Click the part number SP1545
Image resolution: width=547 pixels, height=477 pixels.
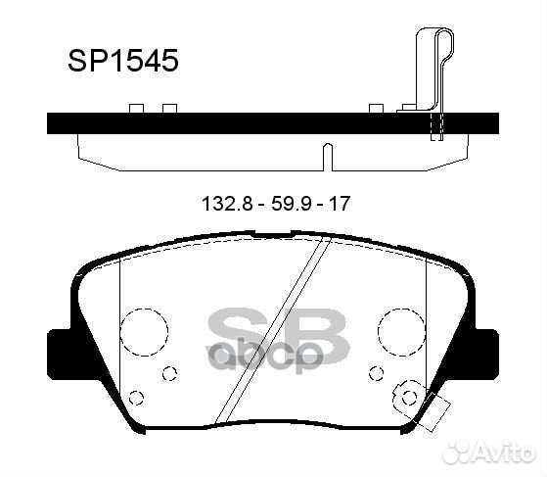(x=123, y=61)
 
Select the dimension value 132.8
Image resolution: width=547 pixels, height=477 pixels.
(x=227, y=204)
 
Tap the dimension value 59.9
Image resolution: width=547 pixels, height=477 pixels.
(x=291, y=204)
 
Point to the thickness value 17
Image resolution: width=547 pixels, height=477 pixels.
(x=340, y=204)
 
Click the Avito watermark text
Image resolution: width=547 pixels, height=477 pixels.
(x=490, y=453)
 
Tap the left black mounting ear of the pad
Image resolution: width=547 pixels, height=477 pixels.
(x=60, y=354)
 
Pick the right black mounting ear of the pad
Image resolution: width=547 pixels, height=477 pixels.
(x=486, y=354)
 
